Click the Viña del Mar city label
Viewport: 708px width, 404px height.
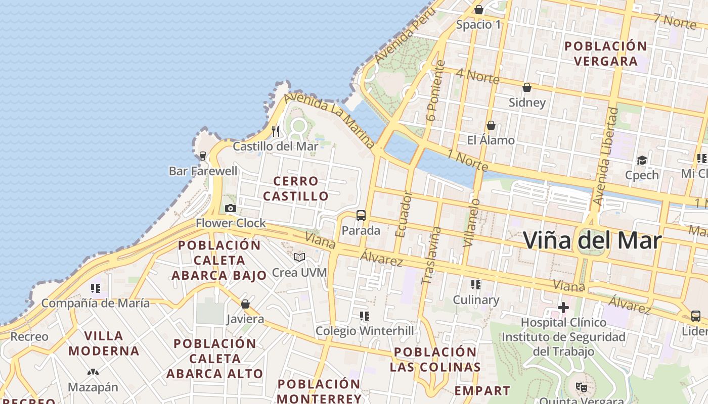(x=592, y=240)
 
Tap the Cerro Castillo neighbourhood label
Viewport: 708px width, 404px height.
(x=296, y=188)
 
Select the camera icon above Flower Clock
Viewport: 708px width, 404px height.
(x=231, y=209)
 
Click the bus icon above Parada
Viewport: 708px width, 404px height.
(x=361, y=216)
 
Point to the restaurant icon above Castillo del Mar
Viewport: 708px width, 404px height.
(x=276, y=131)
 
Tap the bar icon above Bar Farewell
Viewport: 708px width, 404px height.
(x=203, y=156)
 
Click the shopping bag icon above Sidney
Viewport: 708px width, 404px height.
(x=527, y=88)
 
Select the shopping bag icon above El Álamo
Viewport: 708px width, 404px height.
(x=491, y=125)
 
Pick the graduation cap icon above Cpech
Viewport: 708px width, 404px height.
(x=642, y=161)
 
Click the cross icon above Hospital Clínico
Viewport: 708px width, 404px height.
(x=563, y=307)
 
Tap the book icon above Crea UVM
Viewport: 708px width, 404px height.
(x=299, y=258)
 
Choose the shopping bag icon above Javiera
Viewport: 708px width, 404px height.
(x=245, y=304)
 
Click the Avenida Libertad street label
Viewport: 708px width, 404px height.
(x=606, y=157)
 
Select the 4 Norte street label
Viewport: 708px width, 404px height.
(x=477, y=76)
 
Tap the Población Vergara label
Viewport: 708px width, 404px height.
(x=605, y=54)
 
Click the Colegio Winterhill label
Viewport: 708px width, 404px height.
(x=365, y=331)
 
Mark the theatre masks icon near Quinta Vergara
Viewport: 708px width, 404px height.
(x=582, y=387)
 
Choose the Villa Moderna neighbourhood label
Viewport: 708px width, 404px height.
(x=104, y=343)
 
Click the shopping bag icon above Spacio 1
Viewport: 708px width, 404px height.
(x=479, y=10)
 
